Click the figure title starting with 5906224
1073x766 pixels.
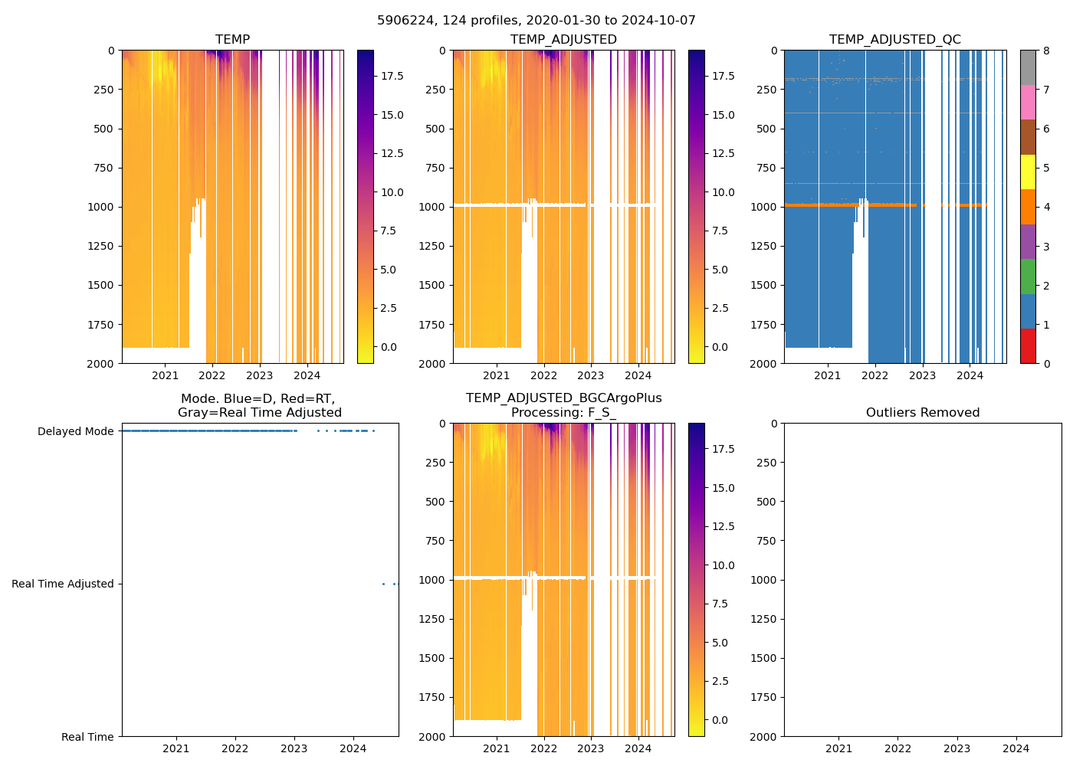536,21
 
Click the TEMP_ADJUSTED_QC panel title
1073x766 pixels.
894,40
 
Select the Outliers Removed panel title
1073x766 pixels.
923,413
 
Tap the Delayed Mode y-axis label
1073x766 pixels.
75,431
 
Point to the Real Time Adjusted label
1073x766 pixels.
63,584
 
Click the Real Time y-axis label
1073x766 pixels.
87,737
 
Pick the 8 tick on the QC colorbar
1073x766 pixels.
1046,51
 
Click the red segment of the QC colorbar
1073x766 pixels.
1028,346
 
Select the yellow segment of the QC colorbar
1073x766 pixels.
1028,172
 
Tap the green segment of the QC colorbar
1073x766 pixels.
1028,276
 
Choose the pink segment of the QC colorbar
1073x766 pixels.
1028,102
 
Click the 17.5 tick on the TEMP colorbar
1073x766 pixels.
392,76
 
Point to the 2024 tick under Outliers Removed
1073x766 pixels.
1016,748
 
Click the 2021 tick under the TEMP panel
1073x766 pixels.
165,375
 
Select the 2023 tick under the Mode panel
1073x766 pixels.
294,748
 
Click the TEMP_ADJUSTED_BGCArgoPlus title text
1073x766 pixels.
563,398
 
